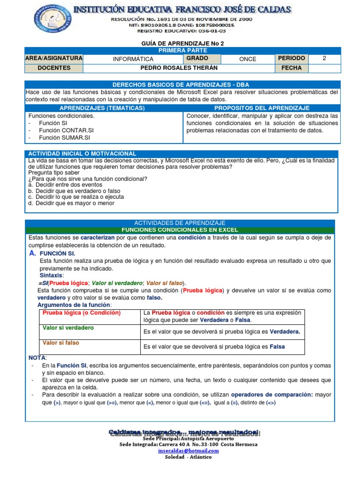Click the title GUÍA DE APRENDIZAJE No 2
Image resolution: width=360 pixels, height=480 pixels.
click(x=180, y=43)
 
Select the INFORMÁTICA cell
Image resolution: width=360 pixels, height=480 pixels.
click(x=133, y=59)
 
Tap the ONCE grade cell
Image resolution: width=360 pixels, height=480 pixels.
click(x=247, y=59)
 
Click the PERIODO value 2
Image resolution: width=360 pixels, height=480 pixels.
click(x=324, y=59)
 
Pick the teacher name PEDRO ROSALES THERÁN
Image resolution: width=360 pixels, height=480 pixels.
click(x=180, y=68)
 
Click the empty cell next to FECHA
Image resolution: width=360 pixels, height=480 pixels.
click(x=324, y=68)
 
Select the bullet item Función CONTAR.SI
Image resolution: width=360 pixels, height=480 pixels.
click(x=66, y=130)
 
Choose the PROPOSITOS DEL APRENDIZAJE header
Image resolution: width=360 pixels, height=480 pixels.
click(x=262, y=108)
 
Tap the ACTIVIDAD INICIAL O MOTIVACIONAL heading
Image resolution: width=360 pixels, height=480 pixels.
click(x=82, y=153)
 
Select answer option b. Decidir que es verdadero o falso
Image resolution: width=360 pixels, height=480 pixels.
click(x=74, y=191)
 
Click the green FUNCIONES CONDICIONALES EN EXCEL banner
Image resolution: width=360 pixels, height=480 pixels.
click(x=180, y=230)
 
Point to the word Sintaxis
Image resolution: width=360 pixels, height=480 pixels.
click(x=52, y=276)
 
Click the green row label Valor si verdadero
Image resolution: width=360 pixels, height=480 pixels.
click(x=68, y=328)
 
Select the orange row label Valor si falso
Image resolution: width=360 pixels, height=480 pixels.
click(x=61, y=343)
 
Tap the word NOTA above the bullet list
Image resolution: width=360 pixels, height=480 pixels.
click(x=37, y=358)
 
